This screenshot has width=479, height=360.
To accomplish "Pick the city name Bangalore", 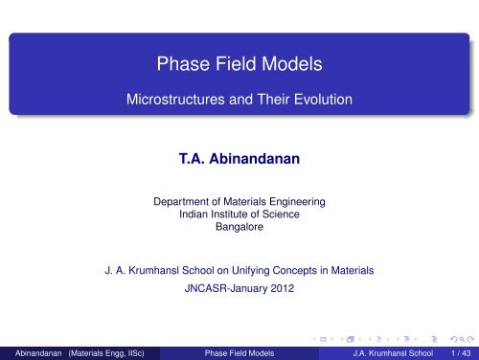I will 239,230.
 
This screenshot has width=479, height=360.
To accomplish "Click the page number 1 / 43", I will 458,351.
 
